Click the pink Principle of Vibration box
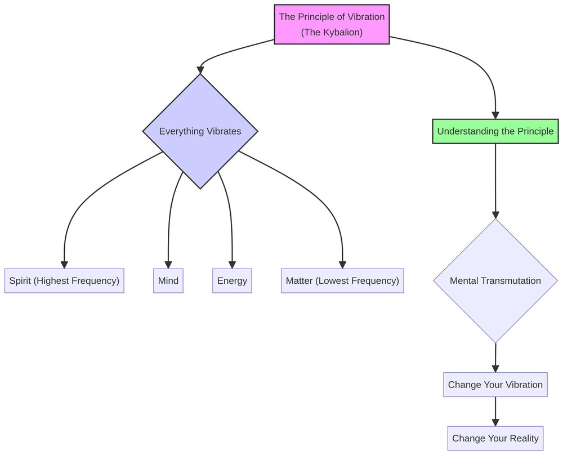pyautogui.click(x=332, y=24)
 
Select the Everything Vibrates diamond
pyautogui.click(x=200, y=131)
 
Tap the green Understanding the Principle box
pyautogui.click(x=495, y=131)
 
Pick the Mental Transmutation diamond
pyautogui.click(x=495, y=280)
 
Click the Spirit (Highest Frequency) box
pyautogui.click(x=64, y=280)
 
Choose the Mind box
pyautogui.click(x=168, y=280)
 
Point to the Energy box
pyautogui.click(x=232, y=280)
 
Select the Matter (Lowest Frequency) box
pyautogui.click(x=342, y=280)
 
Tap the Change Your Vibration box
pyautogui.click(x=495, y=385)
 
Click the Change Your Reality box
pyautogui.click(x=495, y=438)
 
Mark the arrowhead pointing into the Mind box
pyautogui.click(x=168, y=265)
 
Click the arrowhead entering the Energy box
pyautogui.click(x=232, y=265)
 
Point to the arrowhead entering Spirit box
pyautogui.click(x=64, y=265)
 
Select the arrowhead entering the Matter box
pyautogui.click(x=342, y=265)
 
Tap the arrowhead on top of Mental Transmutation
pyautogui.click(x=495, y=215)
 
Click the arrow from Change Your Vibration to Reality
pyautogui.click(x=495, y=412)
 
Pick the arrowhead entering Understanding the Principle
pyautogui.click(x=495, y=115)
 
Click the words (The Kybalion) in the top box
pyautogui.click(x=332, y=32)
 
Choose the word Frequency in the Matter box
pyautogui.click(x=377, y=280)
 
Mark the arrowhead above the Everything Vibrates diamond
pyautogui.click(x=200, y=70)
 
